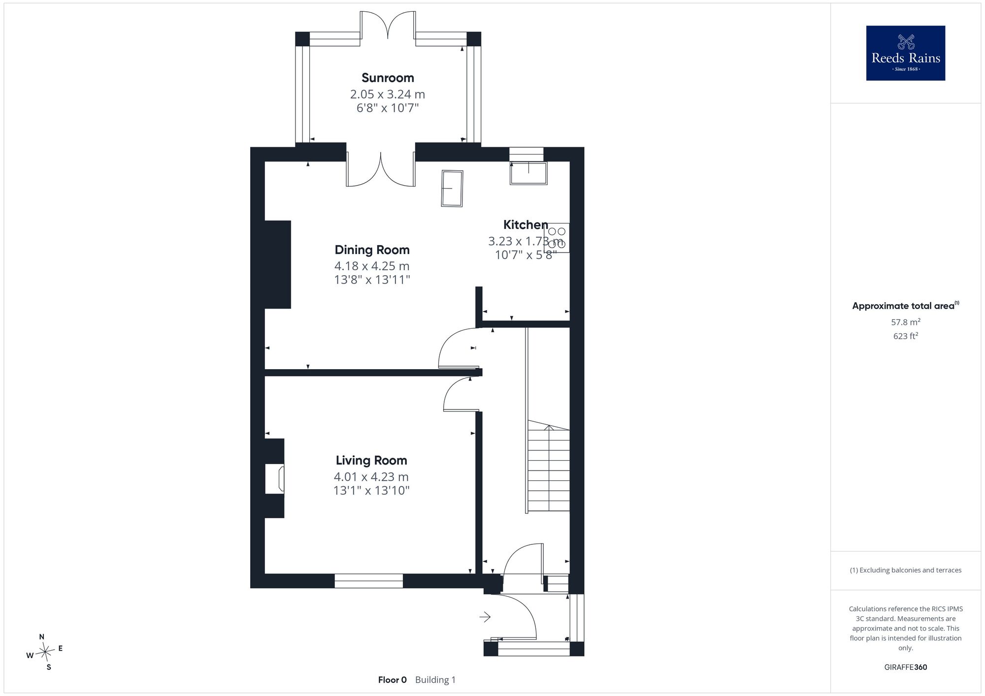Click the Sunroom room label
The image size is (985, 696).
coord(388,78)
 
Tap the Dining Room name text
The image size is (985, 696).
coord(372,250)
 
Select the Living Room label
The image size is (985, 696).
coord(371,460)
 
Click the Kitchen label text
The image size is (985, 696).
coord(525,225)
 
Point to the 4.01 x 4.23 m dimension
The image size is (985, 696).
coord(371,476)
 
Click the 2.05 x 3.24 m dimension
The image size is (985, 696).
coord(388,94)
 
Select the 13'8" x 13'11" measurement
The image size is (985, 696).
coord(372,280)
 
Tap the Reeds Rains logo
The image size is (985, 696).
coord(906,53)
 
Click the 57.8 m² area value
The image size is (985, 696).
coord(906,322)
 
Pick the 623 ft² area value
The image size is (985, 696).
coord(906,336)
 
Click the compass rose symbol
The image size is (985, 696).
coord(45,653)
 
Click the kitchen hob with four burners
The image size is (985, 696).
coord(557,238)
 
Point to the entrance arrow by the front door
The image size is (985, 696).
coord(485,617)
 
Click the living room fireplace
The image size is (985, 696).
coord(275,478)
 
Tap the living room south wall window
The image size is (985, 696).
coord(369,581)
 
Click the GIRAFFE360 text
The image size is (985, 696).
coord(906,667)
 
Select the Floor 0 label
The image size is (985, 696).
coord(393,680)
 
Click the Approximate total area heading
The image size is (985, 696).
coord(906,306)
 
